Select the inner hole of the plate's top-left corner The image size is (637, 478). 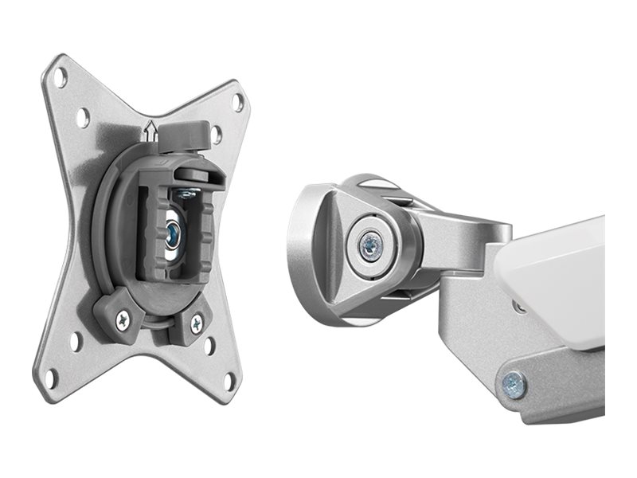click(x=82, y=118)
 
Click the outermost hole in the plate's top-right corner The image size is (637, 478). click(x=237, y=101)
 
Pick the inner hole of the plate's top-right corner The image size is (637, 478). click(x=217, y=135)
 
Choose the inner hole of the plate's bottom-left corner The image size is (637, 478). click(x=76, y=339)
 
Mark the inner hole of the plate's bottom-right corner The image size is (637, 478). click(x=209, y=346)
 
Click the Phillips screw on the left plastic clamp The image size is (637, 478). click(x=122, y=320)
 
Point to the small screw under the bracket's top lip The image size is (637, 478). click(x=186, y=193)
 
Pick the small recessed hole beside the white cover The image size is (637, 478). click(x=519, y=307)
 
